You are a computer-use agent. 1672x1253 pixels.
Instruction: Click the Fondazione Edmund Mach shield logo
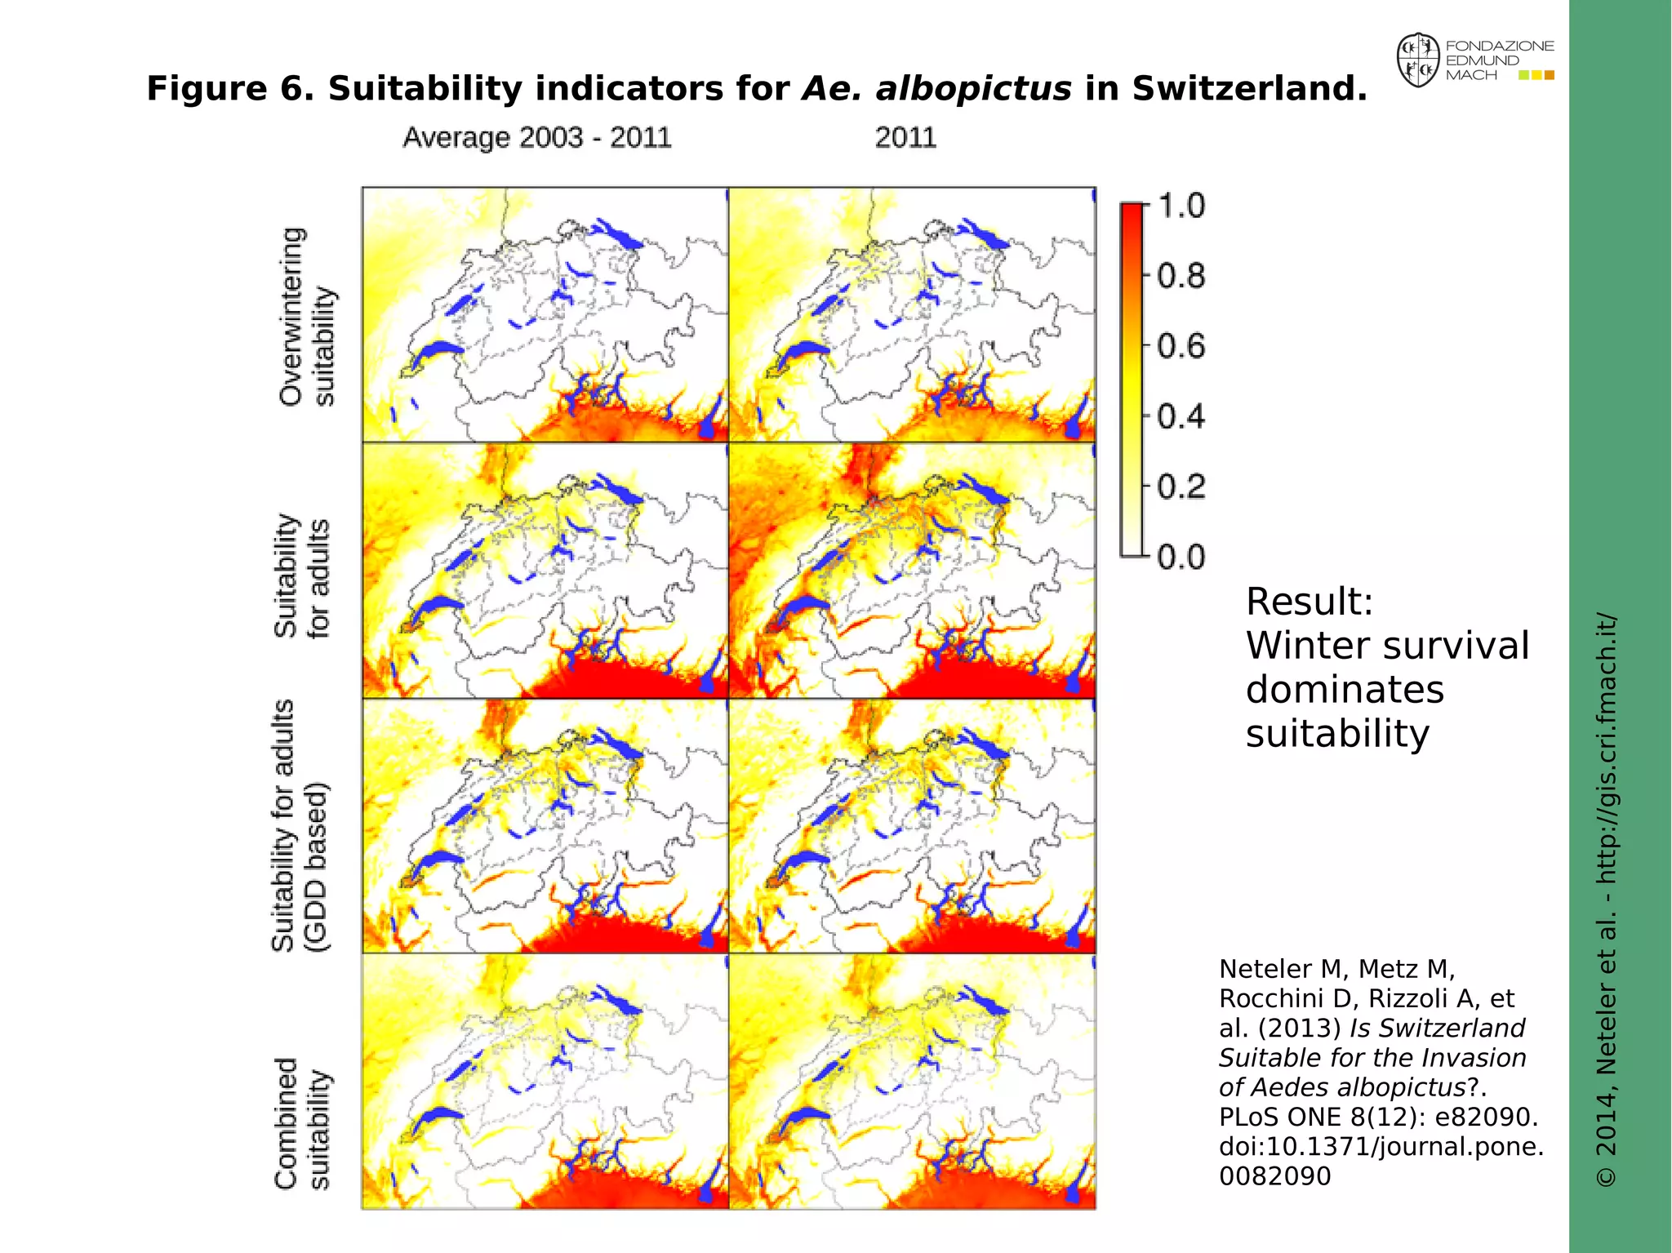1418,60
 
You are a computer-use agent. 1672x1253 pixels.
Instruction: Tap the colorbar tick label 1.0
1181,206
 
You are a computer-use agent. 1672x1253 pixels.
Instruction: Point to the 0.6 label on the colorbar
1181,346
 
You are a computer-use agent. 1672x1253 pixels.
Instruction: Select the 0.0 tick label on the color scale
1181,558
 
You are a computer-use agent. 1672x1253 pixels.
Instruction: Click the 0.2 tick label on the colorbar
1181,487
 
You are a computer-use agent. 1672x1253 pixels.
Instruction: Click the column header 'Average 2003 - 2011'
536,137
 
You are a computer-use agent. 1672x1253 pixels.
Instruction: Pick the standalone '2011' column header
905,137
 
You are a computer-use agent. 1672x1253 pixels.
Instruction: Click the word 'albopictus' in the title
936,88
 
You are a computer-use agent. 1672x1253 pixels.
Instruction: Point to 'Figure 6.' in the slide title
230,88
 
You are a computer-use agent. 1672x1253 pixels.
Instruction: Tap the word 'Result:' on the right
1309,602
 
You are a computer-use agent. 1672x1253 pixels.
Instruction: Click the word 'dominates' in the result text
1345,690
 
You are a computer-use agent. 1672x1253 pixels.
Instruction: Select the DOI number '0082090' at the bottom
1274,1176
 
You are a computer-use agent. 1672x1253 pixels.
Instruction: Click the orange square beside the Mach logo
1550,75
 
